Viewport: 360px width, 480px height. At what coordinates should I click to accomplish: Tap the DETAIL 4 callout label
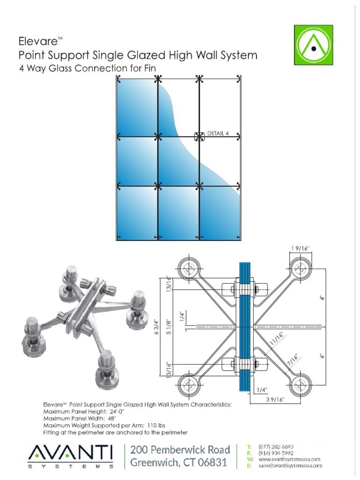coord(218,133)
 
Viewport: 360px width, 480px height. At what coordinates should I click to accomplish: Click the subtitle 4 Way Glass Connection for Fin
coord(87,68)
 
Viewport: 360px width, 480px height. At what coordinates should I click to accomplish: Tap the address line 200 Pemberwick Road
coord(180,450)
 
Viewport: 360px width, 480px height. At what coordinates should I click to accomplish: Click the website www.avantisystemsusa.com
coord(289,459)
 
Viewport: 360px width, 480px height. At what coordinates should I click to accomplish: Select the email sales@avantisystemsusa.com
coord(290,465)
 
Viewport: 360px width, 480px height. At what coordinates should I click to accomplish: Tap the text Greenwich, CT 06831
coord(179,463)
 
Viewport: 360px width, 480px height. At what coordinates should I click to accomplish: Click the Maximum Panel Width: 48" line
coord(79,418)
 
